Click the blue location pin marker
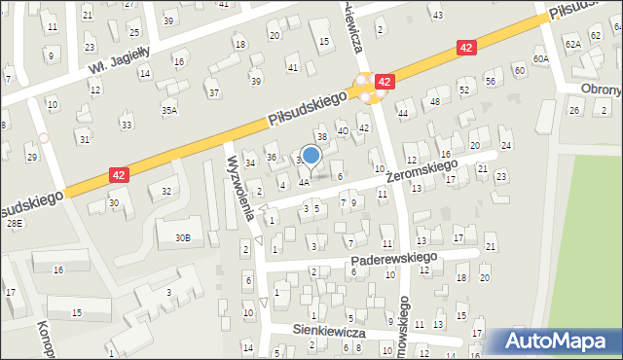311,156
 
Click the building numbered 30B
182,237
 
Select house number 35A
169,111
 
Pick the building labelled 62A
572,44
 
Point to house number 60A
541,59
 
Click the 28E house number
14,224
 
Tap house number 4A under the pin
304,182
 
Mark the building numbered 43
437,16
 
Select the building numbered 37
213,93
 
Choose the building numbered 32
166,191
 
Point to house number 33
126,125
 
